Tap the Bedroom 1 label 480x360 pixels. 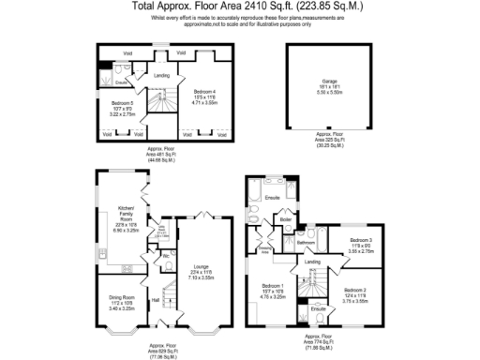pyautogui.click(x=273, y=285)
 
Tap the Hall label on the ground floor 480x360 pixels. pyautogui.click(x=156, y=300)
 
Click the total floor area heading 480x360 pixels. pyautogui.click(x=240, y=6)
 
